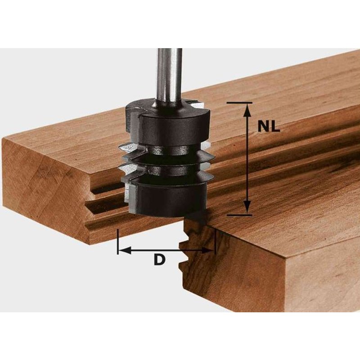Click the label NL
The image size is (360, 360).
pyautogui.click(x=269, y=127)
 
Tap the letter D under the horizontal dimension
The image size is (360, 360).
pyautogui.click(x=158, y=260)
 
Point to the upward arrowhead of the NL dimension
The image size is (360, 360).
pyautogui.click(x=247, y=111)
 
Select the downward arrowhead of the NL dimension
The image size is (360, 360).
pyautogui.click(x=247, y=207)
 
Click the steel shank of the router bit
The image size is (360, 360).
pyautogui.click(x=169, y=72)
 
